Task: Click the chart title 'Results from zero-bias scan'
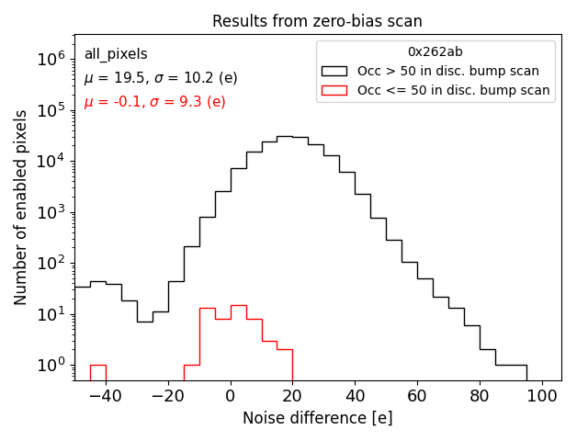317,21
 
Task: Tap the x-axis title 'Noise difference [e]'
317,418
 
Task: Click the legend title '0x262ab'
435,51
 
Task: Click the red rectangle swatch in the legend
334,90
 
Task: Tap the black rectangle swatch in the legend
334,71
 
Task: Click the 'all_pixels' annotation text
116,54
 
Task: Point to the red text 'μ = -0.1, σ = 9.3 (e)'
154,102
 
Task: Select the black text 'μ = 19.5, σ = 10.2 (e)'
161,78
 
